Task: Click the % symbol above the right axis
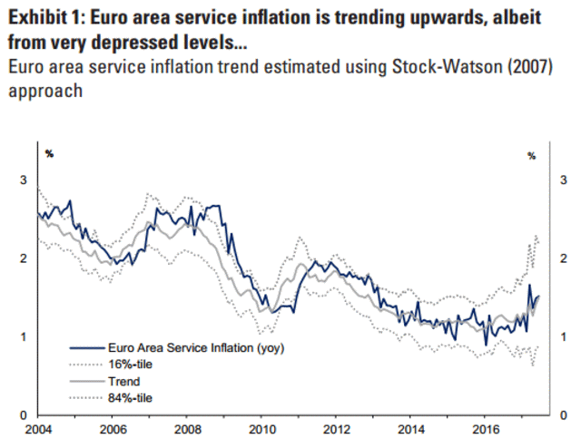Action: click(532, 155)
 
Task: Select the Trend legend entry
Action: click(123, 380)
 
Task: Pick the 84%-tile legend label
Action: click(130, 396)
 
